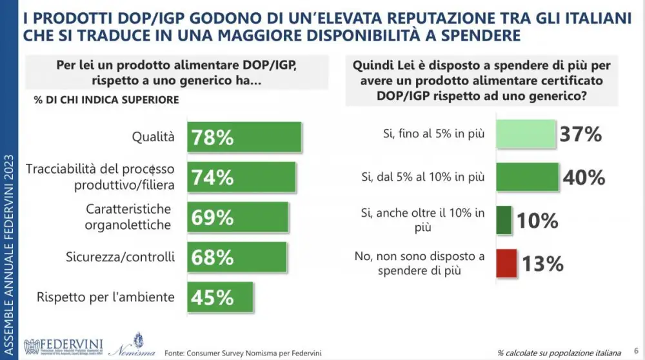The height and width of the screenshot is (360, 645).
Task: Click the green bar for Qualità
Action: (x=245, y=137)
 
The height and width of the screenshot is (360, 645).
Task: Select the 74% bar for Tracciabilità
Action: (x=242, y=177)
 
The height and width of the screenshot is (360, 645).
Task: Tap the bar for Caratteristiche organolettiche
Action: (x=239, y=217)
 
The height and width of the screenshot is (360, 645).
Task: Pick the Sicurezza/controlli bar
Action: (x=237, y=257)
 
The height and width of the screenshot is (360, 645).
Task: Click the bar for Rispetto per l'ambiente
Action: (x=221, y=297)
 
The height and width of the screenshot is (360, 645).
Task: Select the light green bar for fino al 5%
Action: (x=525, y=135)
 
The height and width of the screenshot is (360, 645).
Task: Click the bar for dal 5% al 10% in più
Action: (x=526, y=177)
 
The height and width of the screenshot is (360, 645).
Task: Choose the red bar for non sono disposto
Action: (x=506, y=263)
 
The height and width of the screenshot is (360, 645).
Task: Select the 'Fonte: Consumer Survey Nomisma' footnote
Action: (x=243, y=352)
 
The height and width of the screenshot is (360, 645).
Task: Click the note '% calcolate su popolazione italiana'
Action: (x=559, y=353)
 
